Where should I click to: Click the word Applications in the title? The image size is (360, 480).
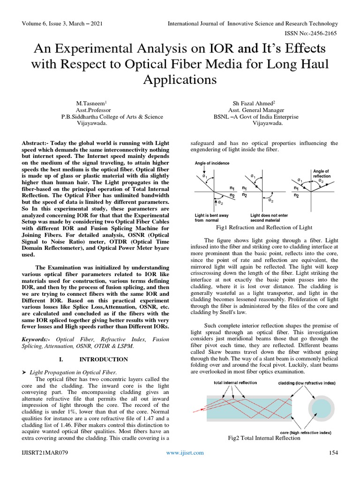pos(180,79)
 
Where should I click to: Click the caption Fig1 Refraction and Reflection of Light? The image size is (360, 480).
pos(264,227)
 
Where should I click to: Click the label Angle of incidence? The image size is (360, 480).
pos(212,163)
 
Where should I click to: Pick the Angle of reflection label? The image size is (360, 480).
pos(321,173)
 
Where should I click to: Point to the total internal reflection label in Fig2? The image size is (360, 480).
pos(235,382)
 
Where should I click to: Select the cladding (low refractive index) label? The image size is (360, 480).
pos(307,383)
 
